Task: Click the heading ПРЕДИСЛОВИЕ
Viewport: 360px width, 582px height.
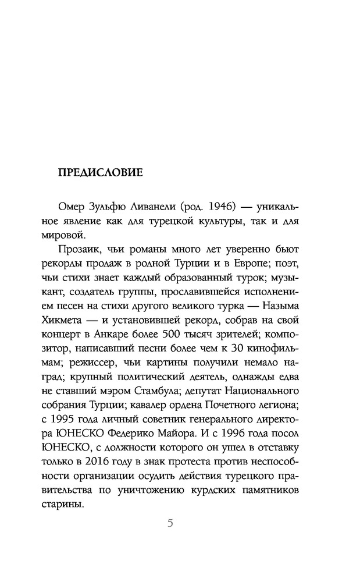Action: pyautogui.click(x=100, y=173)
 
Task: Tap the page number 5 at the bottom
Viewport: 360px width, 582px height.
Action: pyautogui.click(x=170, y=523)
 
